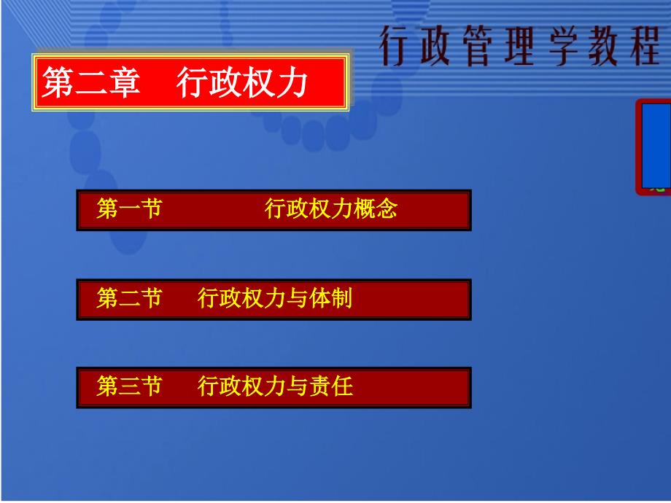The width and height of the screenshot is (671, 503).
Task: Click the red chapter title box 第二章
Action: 190,82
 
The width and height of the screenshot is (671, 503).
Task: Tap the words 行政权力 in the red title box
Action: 242,82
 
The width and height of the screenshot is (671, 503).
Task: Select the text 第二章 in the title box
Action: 90,82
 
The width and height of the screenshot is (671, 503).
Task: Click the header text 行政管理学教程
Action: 520,46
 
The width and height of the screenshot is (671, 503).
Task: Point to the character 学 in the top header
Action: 563,46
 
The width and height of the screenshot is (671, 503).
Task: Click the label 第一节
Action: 129,208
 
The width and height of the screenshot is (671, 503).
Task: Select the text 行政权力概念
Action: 331,208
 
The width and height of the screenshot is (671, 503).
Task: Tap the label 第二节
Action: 129,298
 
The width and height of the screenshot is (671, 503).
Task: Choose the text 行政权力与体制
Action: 275,298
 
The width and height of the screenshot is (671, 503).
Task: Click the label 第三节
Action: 129,386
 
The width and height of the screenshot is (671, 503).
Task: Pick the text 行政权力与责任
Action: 275,386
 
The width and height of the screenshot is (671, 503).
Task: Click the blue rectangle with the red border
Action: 654,147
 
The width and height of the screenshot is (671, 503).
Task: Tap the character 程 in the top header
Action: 645,46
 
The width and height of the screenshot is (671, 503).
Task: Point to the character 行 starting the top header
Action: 394,46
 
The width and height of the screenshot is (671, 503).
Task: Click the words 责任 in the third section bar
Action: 331,386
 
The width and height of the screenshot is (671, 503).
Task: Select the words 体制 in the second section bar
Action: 331,298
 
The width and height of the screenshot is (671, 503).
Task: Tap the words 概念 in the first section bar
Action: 376,208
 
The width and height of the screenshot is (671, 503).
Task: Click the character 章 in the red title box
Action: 124,82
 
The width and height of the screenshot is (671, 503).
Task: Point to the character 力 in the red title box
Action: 292,82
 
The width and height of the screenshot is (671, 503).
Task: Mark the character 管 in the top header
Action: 477,46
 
